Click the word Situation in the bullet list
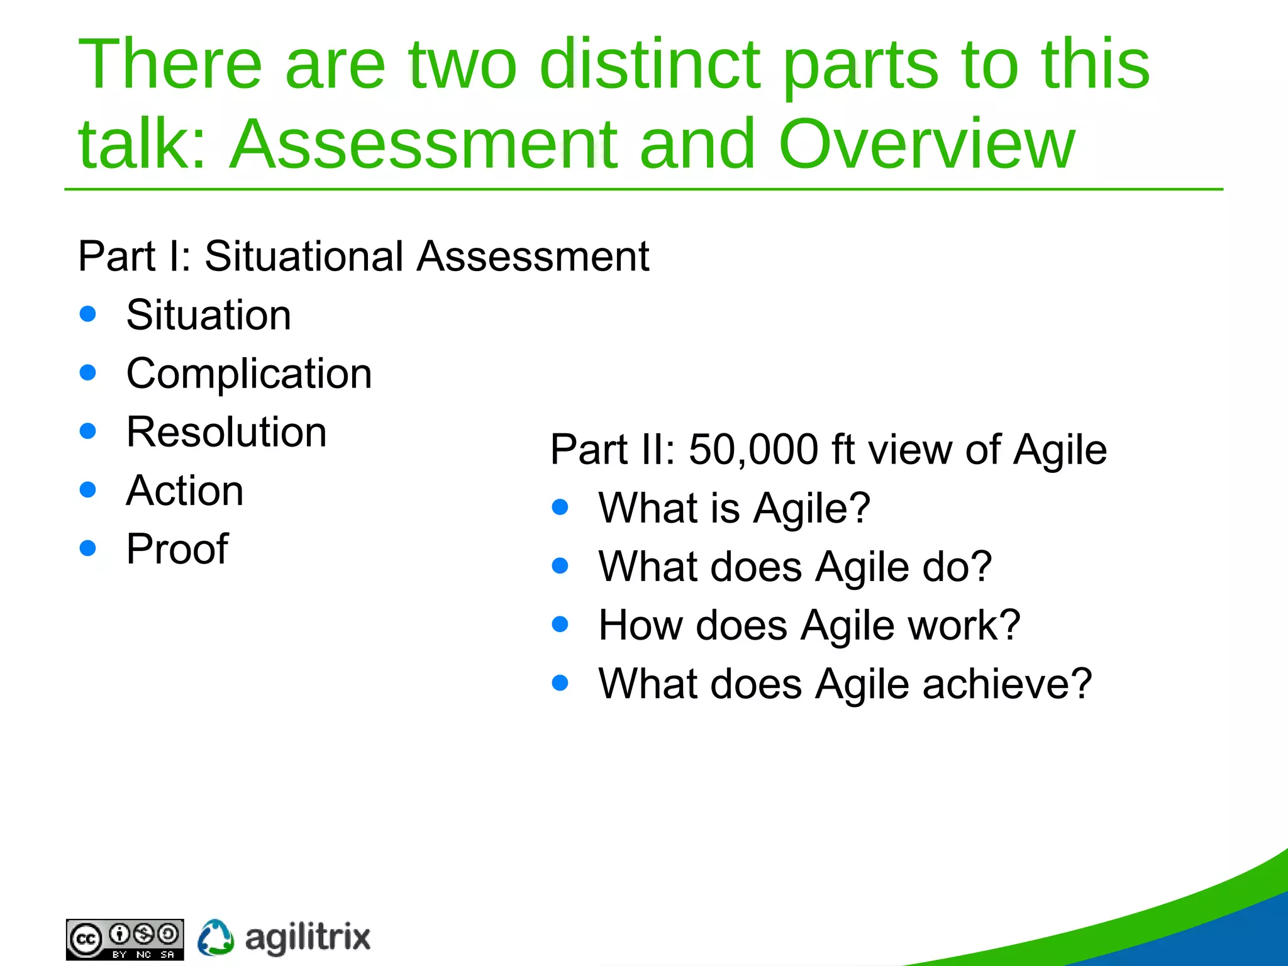click(x=208, y=315)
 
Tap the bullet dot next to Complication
click(x=88, y=373)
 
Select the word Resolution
click(x=226, y=432)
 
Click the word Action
click(x=184, y=491)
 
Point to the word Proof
click(x=177, y=549)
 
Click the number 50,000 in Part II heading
click(x=753, y=450)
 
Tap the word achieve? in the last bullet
click(x=1007, y=684)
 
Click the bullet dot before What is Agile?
click(x=560, y=507)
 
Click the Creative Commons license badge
click(x=125, y=939)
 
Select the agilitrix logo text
click(x=308, y=938)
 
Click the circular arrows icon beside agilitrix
click(x=216, y=938)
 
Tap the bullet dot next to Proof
click(x=88, y=548)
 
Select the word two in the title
click(x=463, y=64)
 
